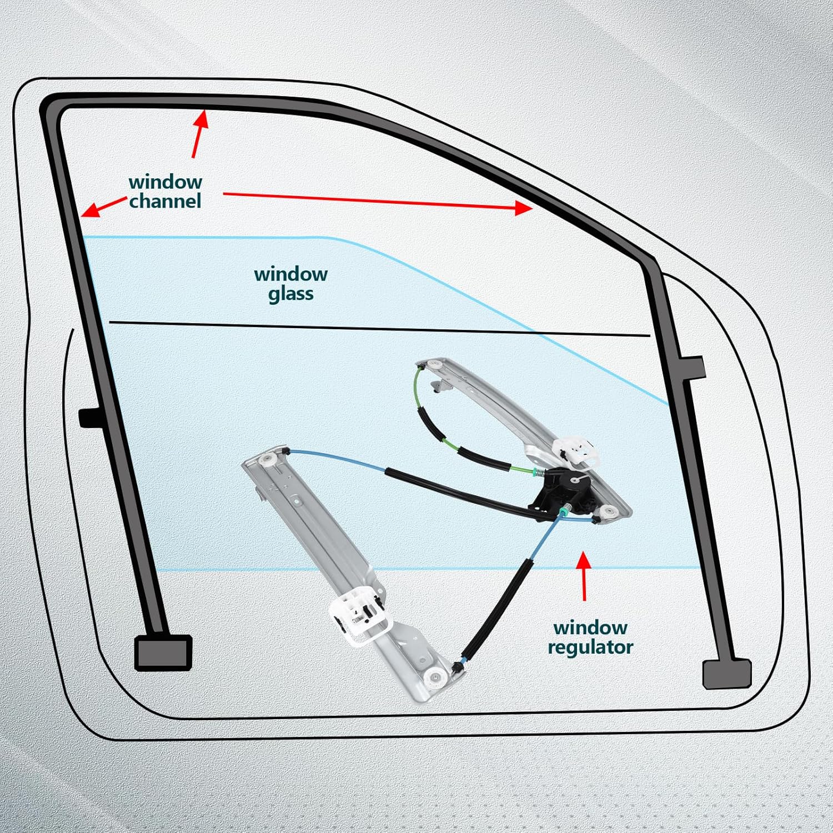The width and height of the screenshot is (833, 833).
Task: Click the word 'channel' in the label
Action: click(x=165, y=201)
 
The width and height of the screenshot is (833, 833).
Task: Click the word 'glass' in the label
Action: click(x=290, y=294)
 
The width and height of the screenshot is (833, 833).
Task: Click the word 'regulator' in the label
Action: click(x=590, y=648)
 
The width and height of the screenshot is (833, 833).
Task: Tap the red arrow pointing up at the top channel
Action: click(x=199, y=133)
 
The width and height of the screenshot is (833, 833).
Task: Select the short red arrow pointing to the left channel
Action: click(x=102, y=206)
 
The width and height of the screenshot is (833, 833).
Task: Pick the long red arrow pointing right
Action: click(x=378, y=200)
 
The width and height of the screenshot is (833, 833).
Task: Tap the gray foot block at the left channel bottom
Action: click(x=163, y=653)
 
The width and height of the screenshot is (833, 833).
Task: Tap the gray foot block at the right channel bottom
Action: click(x=726, y=674)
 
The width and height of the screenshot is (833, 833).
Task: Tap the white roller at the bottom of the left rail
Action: click(x=434, y=676)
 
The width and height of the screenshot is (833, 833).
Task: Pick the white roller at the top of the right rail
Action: click(x=434, y=365)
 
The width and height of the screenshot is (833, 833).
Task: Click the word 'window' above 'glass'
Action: click(x=290, y=274)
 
